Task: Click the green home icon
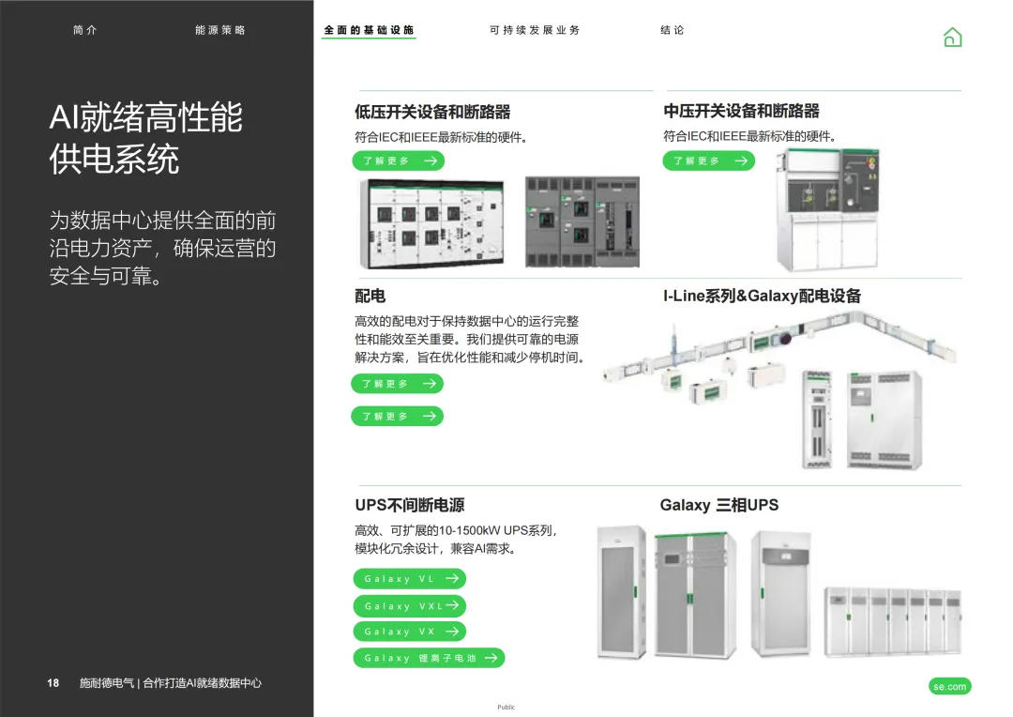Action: [952, 37]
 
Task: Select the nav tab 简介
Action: [84, 30]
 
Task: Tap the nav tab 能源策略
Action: [220, 30]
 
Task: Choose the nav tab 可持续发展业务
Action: [535, 30]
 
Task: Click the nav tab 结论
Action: [673, 30]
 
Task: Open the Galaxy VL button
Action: [409, 579]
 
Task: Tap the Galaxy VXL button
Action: [409, 606]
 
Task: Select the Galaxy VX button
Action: [409, 632]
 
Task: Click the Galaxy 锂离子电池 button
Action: [429, 658]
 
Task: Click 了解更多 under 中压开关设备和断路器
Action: [708, 160]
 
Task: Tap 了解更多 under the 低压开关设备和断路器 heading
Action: [399, 160]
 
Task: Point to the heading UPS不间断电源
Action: [409, 505]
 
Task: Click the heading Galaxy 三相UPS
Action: [718, 505]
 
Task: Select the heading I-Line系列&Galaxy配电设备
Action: [762, 297]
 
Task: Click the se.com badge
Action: [949, 687]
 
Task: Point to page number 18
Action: [53, 683]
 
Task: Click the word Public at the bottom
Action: [506, 707]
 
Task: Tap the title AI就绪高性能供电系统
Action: [145, 139]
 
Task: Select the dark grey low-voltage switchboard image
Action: [582, 221]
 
